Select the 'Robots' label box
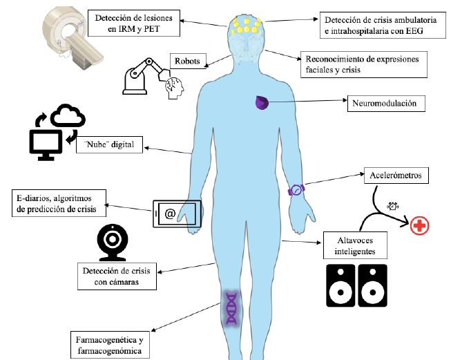pyautogui.click(x=187, y=61)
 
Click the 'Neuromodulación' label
pyautogui.click(x=385, y=104)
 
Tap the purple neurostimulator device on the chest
pyautogui.click(x=262, y=103)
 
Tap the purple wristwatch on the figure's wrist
pyautogui.click(x=297, y=189)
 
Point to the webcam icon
pyautogui.click(x=112, y=243)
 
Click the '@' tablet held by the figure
pyautogui.click(x=176, y=214)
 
